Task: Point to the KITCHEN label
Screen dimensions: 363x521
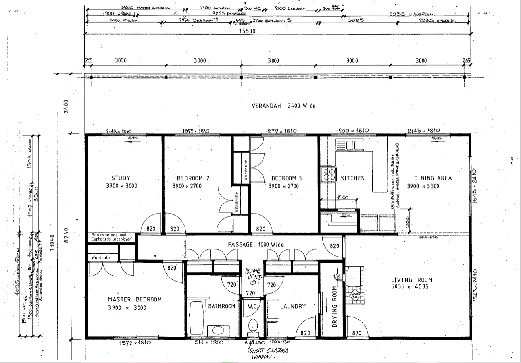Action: click(352, 178)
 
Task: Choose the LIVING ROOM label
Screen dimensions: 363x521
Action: click(412, 280)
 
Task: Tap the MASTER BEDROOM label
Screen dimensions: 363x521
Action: click(135, 299)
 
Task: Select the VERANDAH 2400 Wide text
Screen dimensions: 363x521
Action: click(283, 106)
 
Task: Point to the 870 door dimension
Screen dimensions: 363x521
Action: click(356, 333)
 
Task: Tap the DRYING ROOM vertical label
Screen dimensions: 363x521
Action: click(334, 307)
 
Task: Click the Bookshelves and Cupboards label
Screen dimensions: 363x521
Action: click(109, 237)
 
